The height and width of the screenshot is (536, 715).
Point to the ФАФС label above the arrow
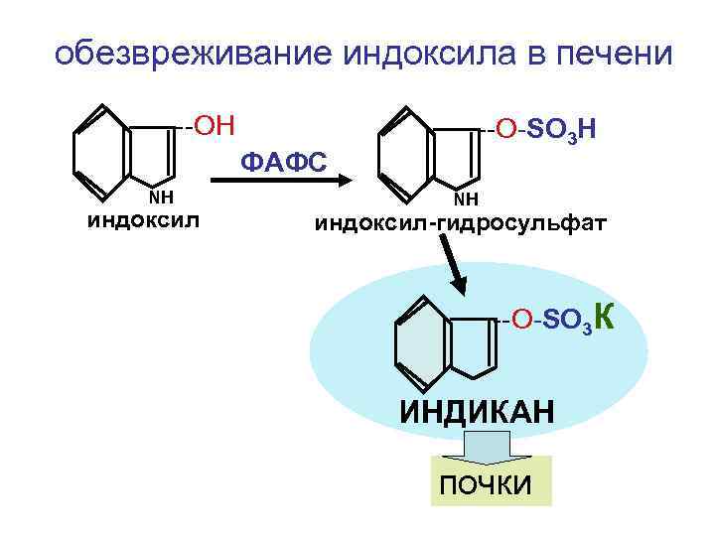point(284,160)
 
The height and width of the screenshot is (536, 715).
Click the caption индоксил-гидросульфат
point(459,222)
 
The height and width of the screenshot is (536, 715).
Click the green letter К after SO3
point(609,316)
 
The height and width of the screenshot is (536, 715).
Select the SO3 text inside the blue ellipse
point(568,321)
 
